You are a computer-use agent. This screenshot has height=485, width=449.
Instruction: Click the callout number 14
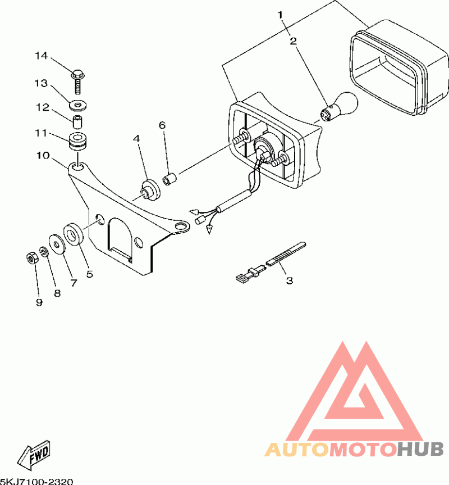[x=42, y=56]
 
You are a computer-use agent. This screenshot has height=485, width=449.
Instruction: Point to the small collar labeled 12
[x=77, y=121]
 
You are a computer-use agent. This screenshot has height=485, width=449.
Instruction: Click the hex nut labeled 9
[x=32, y=259]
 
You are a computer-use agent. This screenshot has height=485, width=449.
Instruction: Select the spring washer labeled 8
[x=44, y=251]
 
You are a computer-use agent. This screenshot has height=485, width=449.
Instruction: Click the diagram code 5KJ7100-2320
[x=36, y=481]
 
